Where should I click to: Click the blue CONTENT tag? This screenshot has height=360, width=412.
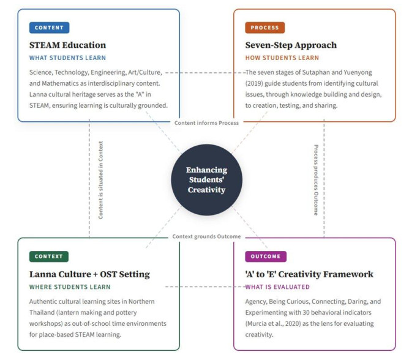[x=49, y=28]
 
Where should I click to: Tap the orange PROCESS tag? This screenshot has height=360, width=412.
[x=265, y=28]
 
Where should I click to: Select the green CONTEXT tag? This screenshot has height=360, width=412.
[x=49, y=257]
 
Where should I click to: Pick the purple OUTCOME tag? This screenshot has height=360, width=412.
[x=266, y=257]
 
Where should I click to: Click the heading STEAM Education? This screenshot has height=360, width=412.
[x=67, y=45]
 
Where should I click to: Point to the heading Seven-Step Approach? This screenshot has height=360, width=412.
[x=291, y=45]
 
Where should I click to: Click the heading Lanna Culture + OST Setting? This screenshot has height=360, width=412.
[x=89, y=274]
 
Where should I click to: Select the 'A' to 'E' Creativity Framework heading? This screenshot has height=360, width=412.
[x=309, y=274]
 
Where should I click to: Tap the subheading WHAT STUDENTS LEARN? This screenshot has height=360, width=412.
[x=67, y=58]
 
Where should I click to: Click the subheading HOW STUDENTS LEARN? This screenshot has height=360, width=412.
[x=282, y=58]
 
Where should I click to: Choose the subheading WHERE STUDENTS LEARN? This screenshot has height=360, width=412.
[x=70, y=287]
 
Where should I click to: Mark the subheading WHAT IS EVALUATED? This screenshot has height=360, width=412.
[x=277, y=287]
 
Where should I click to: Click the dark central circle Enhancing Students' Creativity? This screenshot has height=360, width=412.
[x=206, y=180]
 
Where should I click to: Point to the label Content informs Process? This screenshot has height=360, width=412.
[x=206, y=123]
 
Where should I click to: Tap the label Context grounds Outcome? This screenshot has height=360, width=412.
[x=206, y=236]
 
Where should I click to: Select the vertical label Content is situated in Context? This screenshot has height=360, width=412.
[x=100, y=180]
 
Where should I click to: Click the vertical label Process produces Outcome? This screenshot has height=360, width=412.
[x=316, y=180]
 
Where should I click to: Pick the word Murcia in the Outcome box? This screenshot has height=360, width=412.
[x=257, y=323]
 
